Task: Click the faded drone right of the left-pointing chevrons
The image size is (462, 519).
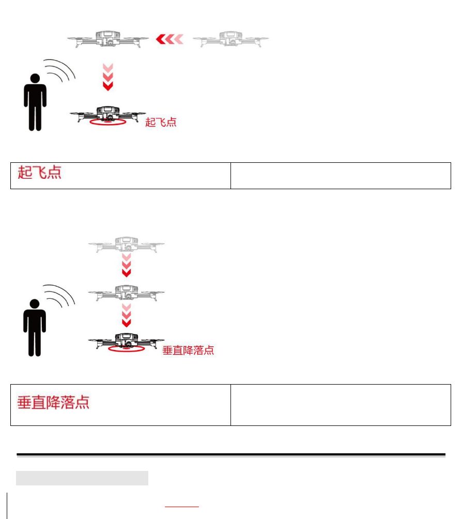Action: click(231, 39)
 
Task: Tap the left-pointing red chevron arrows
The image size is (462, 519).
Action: click(170, 39)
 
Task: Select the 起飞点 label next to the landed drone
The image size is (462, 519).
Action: click(161, 123)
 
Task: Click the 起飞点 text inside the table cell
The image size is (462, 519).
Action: click(40, 173)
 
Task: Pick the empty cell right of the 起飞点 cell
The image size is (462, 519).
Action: click(341, 176)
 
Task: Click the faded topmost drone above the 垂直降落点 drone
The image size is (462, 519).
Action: click(126, 244)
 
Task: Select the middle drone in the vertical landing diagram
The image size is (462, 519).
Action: click(126, 293)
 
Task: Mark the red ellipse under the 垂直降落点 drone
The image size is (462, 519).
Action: click(126, 350)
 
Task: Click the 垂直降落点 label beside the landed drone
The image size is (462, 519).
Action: click(188, 350)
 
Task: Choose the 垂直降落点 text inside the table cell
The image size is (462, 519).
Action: click(53, 402)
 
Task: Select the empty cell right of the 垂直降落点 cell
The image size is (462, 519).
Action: click(341, 405)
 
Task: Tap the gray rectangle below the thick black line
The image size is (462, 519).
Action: click(82, 478)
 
